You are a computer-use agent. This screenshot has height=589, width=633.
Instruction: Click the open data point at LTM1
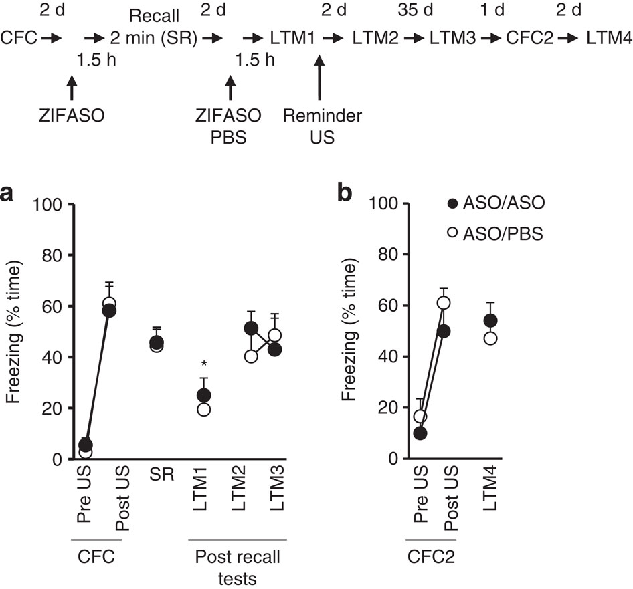(x=204, y=409)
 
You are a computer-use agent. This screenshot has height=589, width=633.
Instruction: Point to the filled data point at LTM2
(x=251, y=328)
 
